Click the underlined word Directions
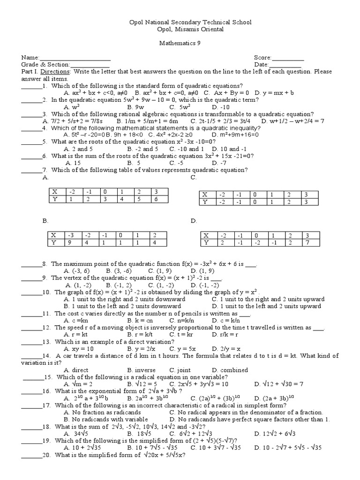click(55, 72)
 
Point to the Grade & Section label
click(45, 65)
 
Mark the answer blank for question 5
click(31, 142)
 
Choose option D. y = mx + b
click(276, 93)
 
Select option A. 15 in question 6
click(74, 163)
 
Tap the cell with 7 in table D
click(307, 243)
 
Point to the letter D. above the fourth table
click(193, 220)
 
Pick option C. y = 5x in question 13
click(183, 349)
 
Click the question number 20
click(46, 455)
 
